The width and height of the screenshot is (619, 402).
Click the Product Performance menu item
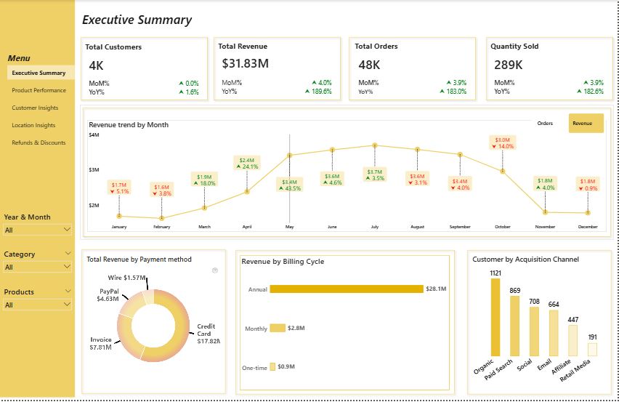coord(39,91)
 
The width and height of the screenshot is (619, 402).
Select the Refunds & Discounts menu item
coord(39,143)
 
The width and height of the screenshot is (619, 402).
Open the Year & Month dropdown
coord(38,230)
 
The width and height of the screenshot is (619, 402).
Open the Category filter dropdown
coord(38,268)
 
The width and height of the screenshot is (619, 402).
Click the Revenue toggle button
coord(586,124)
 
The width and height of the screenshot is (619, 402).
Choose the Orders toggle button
coord(545,124)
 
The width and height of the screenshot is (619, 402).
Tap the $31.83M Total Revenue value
coord(246,64)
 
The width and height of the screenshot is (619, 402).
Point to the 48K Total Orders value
coord(369,65)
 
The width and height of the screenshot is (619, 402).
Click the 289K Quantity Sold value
coord(509,65)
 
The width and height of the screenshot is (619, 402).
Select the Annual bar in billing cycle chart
coord(346,289)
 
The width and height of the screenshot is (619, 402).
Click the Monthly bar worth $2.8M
coord(278,329)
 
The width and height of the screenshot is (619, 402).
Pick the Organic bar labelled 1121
coord(495,318)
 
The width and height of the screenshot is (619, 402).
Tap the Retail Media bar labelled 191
coord(592,350)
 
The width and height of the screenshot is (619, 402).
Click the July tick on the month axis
coord(375,228)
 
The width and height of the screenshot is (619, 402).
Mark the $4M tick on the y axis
coord(94,135)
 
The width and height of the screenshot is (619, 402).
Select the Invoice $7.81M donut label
coord(100,343)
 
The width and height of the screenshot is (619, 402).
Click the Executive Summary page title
coord(137,20)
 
